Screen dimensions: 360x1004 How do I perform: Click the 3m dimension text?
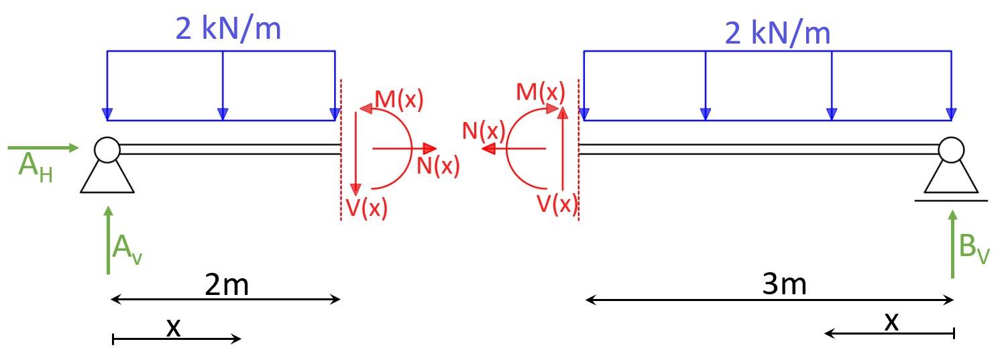(784, 286)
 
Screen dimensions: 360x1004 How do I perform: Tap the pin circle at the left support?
(107, 149)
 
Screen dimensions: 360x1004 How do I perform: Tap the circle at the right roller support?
(950, 149)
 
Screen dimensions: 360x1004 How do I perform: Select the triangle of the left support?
(107, 178)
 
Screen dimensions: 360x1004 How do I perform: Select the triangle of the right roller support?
(950, 178)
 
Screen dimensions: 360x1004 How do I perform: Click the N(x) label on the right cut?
(483, 131)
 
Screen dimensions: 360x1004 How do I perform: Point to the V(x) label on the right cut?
(557, 202)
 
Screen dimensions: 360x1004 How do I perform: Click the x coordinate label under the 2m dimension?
(173, 326)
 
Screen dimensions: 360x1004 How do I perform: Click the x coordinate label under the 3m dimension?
(891, 322)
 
